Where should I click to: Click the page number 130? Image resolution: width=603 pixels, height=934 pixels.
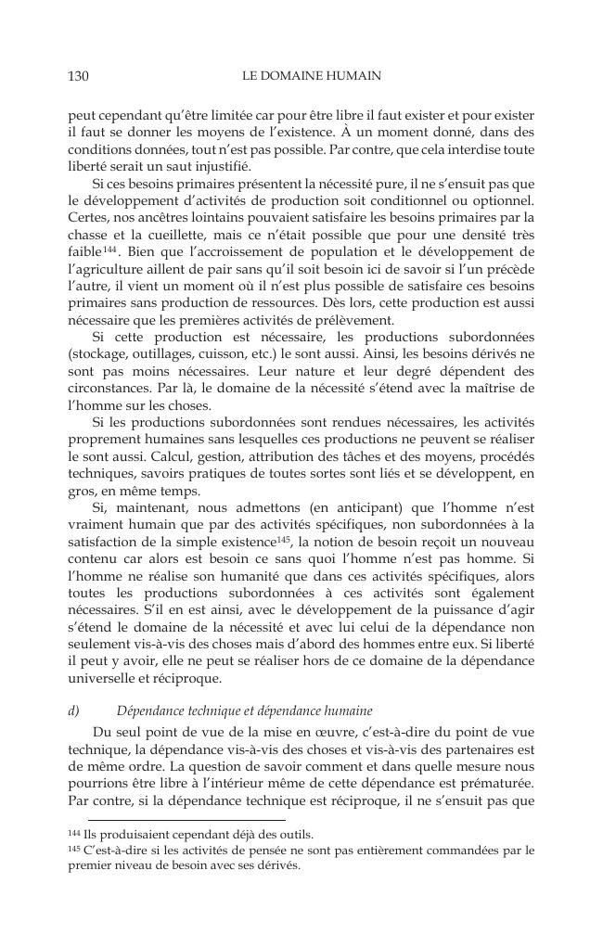pyautogui.click(x=79, y=77)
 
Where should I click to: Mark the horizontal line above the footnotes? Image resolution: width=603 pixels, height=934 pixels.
pyautogui.click(x=186, y=819)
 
